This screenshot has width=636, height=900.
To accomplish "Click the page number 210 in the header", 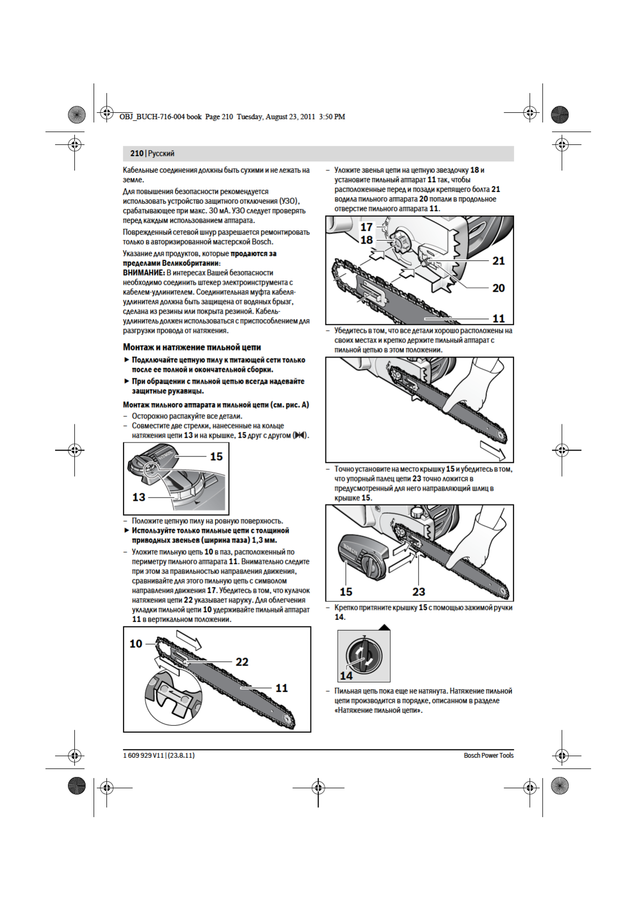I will pos(136,153).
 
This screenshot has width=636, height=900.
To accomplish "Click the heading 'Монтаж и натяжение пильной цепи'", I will pos(192,347).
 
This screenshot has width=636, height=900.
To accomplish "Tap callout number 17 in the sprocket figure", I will pos(366,227).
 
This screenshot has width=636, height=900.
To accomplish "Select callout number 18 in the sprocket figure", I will pos(366,240).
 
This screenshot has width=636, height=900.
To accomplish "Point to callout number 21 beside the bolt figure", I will pos(498,261).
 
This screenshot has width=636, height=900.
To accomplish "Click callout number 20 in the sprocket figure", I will pos(498,288).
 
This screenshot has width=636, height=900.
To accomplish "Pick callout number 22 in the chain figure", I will pos(242,662).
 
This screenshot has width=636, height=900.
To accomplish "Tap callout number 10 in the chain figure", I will pos(136,643).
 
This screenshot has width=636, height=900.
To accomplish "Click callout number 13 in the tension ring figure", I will pos(138,497).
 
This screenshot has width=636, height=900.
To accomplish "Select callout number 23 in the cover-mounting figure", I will pos(418,592).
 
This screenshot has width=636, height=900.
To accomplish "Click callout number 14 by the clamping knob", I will pos(346,676).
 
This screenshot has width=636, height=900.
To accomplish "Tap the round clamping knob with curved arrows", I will pos(364,656).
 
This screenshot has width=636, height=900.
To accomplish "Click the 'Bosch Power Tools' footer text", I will pos(488,755).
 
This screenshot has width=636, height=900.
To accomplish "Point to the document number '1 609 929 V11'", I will pos(143,755).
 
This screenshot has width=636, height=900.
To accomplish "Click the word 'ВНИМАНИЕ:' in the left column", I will pos(144,273).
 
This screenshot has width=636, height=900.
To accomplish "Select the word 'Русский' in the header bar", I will pos(161,153).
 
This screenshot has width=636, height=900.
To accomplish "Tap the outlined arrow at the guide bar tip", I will pos(492,450).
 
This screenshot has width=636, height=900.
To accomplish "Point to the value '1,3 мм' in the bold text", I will pos(264,540).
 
